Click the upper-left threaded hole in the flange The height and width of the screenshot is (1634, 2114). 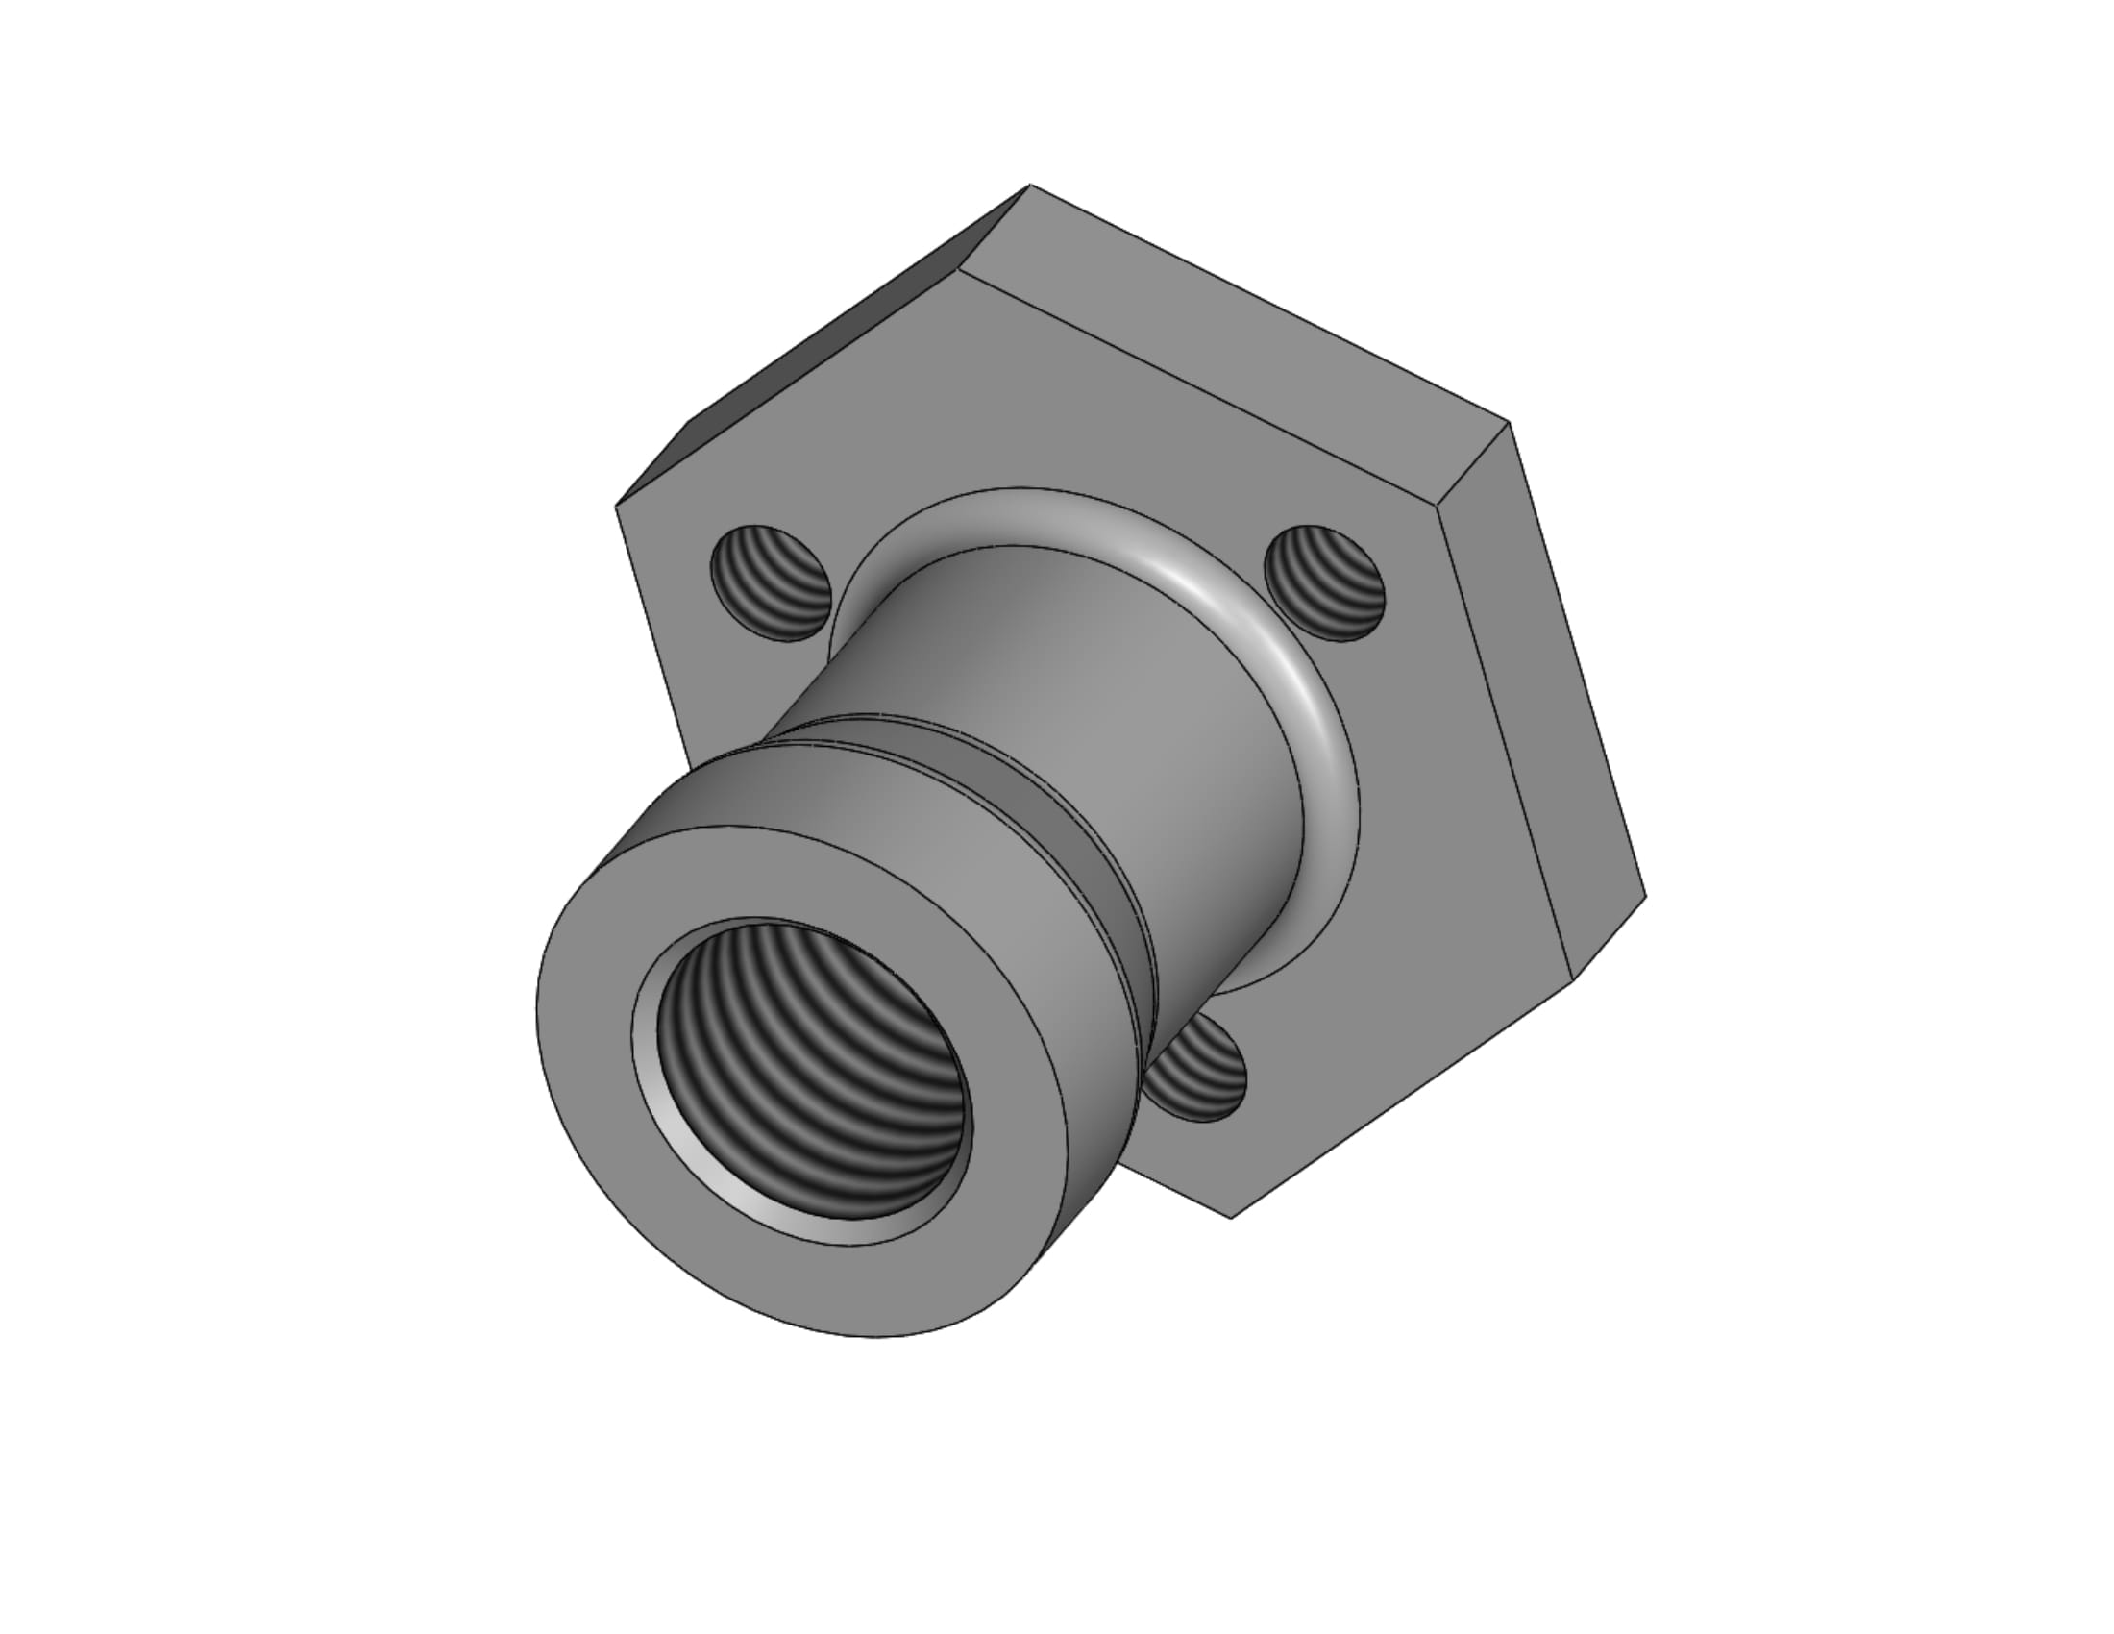point(772,583)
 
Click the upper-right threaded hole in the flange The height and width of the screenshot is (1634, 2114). point(1325,582)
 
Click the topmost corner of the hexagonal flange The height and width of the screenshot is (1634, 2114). point(1030,184)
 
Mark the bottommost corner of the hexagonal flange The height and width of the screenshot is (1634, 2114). point(1230,1218)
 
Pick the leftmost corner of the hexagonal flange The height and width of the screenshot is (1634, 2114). point(617,505)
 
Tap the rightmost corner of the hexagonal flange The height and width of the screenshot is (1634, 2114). point(1645,896)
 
